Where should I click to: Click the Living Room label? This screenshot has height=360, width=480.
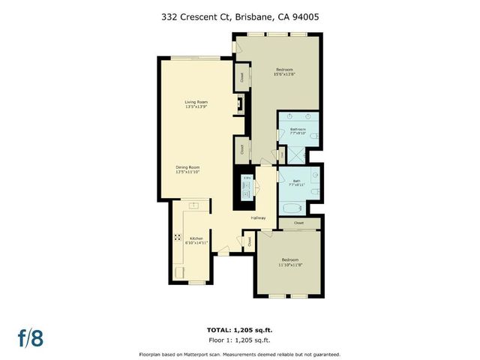[x=196, y=102]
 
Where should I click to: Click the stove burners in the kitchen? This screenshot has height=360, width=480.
[x=178, y=238]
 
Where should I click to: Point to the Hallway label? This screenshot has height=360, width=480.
[x=259, y=218]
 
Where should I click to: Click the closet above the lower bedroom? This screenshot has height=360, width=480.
[x=298, y=223]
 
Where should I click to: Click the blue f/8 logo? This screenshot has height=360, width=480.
[x=31, y=337]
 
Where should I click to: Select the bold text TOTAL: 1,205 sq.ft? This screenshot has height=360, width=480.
[x=240, y=329]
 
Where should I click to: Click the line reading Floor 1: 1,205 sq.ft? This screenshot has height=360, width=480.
[x=240, y=340]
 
